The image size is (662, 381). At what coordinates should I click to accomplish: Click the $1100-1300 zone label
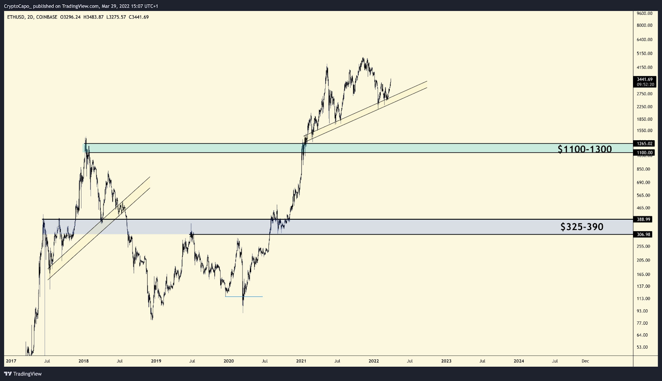pyautogui.click(x=584, y=149)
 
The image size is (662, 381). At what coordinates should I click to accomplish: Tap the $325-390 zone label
pyautogui.click(x=582, y=227)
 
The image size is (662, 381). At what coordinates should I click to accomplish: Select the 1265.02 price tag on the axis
pyautogui.click(x=645, y=144)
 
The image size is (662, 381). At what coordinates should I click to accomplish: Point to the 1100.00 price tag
pyautogui.click(x=645, y=153)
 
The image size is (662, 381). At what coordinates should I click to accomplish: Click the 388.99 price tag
pyautogui.click(x=644, y=219)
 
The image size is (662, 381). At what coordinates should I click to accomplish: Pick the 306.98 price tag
pyautogui.click(x=644, y=235)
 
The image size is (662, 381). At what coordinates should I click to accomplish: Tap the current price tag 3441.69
pyautogui.click(x=645, y=79)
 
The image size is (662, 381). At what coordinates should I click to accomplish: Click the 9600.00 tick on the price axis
pyautogui.click(x=645, y=13)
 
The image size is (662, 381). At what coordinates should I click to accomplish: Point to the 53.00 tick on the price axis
pyautogui.click(x=643, y=347)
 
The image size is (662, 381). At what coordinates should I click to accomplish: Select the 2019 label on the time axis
pyautogui.click(x=156, y=361)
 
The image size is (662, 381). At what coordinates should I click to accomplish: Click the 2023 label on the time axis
pyautogui.click(x=446, y=361)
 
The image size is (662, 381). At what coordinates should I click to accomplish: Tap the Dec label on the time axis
pyautogui.click(x=585, y=361)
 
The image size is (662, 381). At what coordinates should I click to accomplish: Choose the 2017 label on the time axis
pyautogui.click(x=11, y=361)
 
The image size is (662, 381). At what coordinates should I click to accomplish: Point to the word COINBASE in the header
pyautogui.click(x=47, y=17)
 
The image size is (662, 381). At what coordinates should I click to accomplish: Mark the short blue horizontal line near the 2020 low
pyautogui.click(x=244, y=297)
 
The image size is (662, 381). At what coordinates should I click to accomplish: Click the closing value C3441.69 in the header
pyautogui.click(x=139, y=17)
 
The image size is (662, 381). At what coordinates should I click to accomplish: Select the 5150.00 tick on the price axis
pyautogui.click(x=645, y=53)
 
